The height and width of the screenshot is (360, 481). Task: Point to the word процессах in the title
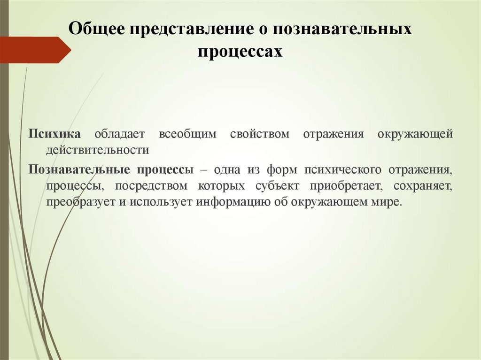point(240,51)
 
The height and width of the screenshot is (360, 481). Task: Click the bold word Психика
point(54,134)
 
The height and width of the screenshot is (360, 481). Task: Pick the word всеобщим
point(187,134)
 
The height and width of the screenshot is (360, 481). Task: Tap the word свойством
point(260,134)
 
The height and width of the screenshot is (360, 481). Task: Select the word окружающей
point(415,134)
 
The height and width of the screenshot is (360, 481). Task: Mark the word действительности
point(97,150)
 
